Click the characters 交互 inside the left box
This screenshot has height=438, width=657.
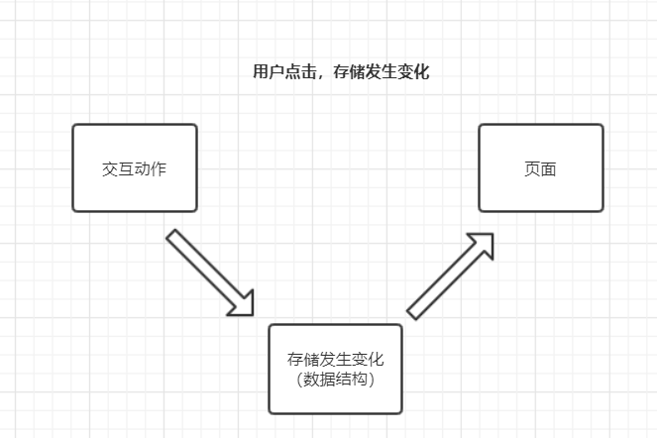pos(118,168)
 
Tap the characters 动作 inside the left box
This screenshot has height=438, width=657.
pos(150,168)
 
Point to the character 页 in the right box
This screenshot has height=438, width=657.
pos(532,168)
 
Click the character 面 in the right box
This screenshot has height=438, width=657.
pos(548,168)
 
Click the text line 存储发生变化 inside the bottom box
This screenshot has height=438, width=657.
pos(335,360)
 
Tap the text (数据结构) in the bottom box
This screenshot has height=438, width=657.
pos(335,379)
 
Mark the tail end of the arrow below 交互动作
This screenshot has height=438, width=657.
pos(174,238)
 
